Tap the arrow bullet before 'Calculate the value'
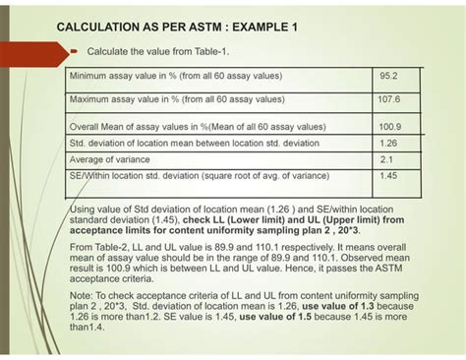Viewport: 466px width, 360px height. click(75, 49)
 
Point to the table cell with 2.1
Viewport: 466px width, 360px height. click(386, 158)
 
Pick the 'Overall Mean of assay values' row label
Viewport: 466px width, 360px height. click(198, 126)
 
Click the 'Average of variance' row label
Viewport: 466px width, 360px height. click(109, 158)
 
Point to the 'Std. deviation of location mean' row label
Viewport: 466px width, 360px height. click(198, 143)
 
